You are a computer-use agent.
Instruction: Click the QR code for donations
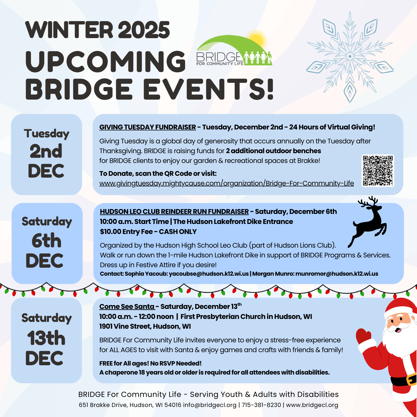tap(378, 170)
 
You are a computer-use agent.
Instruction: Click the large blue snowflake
tap(350, 57)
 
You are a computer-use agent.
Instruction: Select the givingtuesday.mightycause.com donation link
tap(227, 183)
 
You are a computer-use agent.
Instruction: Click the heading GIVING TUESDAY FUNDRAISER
tap(147, 127)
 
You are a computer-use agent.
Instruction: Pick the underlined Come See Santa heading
tap(127, 307)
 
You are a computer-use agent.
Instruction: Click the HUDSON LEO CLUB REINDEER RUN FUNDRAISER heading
tap(174, 212)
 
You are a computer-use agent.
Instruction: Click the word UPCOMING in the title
tap(106, 62)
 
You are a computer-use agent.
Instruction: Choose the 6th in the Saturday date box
tap(47, 240)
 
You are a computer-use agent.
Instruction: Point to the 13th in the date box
tap(46, 338)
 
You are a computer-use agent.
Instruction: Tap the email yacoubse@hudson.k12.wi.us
tap(209, 274)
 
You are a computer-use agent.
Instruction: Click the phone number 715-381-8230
tap(261, 405)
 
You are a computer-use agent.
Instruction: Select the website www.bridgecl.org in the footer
tap(312, 405)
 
